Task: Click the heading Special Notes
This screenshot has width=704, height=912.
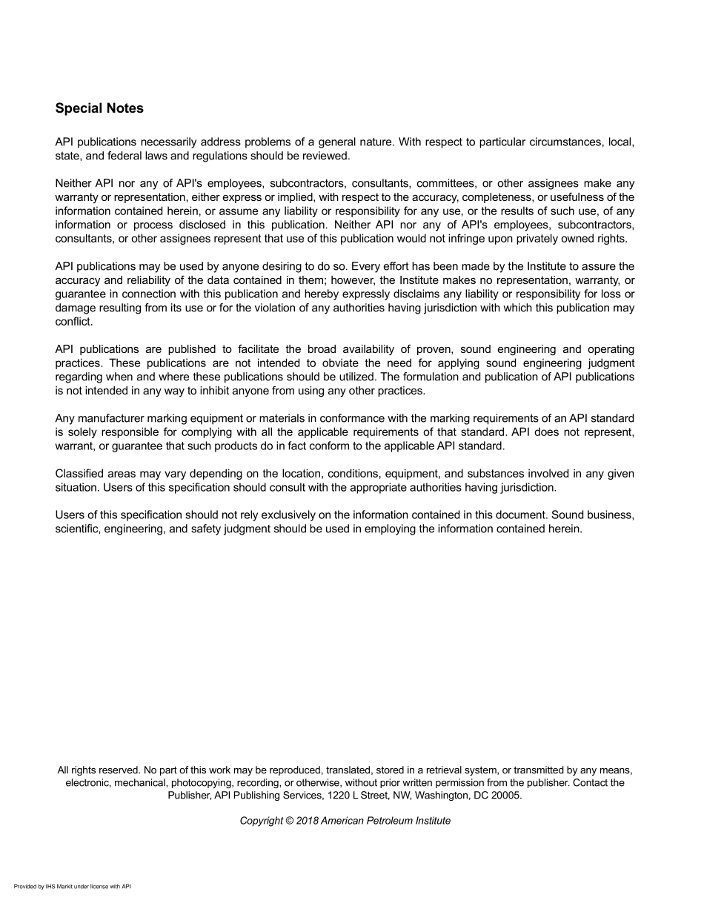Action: pos(99,108)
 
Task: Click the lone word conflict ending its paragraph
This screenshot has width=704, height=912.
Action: pos(73,322)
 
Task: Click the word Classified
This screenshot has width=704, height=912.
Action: pos(80,474)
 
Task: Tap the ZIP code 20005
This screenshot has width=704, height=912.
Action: pos(505,795)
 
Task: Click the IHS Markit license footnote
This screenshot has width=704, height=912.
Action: pos(73,886)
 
